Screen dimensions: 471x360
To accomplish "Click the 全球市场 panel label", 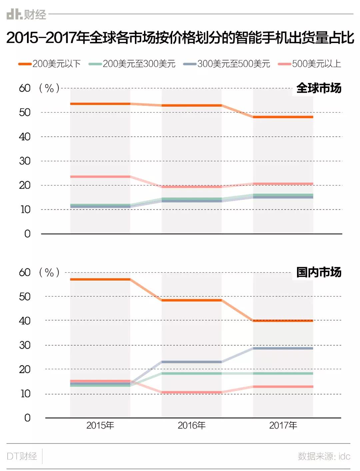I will click(318, 88).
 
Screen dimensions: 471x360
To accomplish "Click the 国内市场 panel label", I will click(318, 272).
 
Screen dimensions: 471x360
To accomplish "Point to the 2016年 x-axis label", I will click(191, 425).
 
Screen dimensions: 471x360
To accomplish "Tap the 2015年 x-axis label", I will click(100, 425).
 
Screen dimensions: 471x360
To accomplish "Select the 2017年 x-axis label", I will click(283, 425).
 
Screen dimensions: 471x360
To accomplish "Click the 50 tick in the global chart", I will click(25, 112).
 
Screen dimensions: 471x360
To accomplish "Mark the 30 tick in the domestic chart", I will click(25, 345).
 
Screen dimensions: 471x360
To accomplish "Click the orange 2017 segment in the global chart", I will click(283, 117).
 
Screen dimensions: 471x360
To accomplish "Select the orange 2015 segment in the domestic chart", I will click(100, 279).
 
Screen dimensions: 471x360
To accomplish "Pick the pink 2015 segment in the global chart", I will click(100, 176).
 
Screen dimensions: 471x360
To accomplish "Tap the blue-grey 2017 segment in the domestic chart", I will click(283, 348).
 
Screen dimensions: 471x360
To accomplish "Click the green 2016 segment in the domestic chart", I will click(191, 373).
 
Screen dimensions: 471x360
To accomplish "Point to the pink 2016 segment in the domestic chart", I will click(191, 392).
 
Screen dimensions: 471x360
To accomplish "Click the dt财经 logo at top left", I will click(26, 14).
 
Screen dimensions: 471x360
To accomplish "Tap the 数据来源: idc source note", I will click(324, 456).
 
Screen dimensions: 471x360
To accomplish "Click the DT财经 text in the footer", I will click(22, 456).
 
